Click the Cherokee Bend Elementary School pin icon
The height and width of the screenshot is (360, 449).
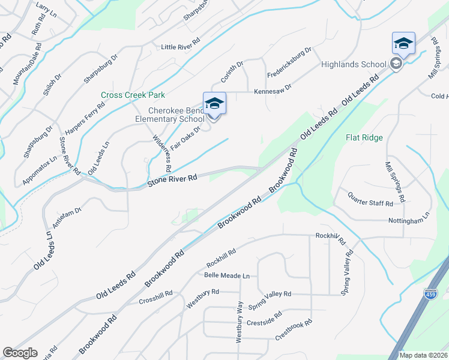coord(214,104)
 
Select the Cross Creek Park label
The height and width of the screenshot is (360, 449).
coord(133,95)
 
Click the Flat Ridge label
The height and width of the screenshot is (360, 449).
coord(364,137)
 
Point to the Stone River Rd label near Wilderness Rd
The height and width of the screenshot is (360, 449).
coord(173,179)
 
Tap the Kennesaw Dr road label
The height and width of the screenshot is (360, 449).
coord(273,88)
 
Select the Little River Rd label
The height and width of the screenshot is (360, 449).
coord(180,47)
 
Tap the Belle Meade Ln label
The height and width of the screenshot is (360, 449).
coord(226,276)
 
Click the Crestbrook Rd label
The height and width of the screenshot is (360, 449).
coord(294,330)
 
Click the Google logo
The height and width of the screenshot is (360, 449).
coord(20,353)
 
